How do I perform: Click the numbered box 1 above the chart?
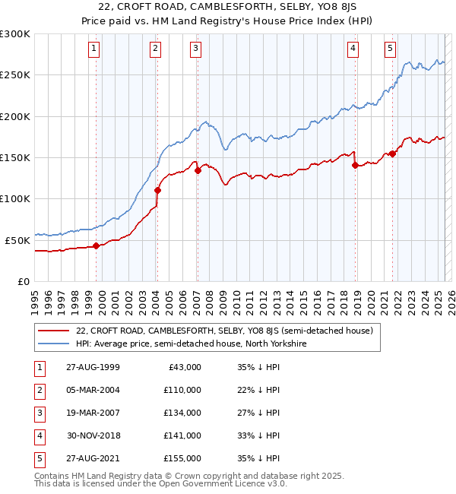pyautogui.click(x=93, y=49)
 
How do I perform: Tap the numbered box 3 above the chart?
pyautogui.click(x=195, y=49)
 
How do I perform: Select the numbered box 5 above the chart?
pyautogui.click(x=390, y=49)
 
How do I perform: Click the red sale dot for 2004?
pyautogui.click(x=157, y=190)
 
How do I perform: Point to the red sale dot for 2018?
pyautogui.click(x=355, y=165)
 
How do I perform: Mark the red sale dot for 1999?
pyautogui.click(x=97, y=245)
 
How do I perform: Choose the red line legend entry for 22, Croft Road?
pyautogui.click(x=224, y=331)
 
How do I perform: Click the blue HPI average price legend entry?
pyautogui.click(x=191, y=344)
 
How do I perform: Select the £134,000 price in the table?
pyautogui.click(x=182, y=413)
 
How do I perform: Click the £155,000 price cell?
pyautogui.click(x=182, y=458)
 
